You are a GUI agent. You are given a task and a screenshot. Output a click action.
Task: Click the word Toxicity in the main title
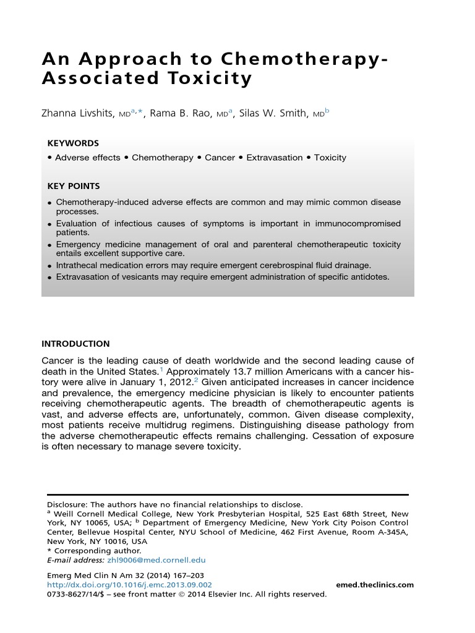(x=208, y=79)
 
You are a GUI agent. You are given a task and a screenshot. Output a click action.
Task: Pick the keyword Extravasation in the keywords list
(x=274, y=158)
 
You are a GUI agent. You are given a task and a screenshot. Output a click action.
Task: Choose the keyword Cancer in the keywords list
(x=220, y=158)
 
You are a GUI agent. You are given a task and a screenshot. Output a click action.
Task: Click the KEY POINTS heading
(x=74, y=186)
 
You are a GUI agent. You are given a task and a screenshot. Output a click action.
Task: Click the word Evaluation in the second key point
(x=79, y=223)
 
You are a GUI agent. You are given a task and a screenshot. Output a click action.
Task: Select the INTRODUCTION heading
(x=75, y=344)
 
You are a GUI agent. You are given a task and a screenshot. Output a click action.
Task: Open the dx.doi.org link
(x=129, y=585)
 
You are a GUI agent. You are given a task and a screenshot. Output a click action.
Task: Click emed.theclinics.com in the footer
(x=375, y=585)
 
